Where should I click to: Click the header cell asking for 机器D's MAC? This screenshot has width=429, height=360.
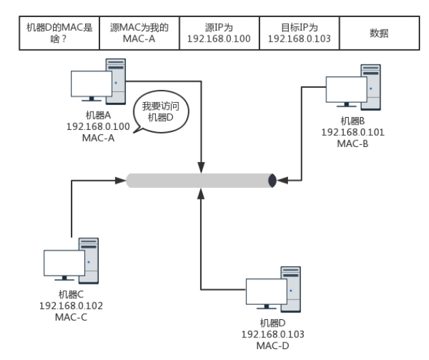59,33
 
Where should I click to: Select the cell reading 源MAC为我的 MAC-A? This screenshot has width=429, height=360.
140,33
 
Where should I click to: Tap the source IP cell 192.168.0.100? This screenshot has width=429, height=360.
219,33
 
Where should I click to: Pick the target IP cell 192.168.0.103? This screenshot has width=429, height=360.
300,33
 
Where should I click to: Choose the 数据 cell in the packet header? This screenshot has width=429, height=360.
379,33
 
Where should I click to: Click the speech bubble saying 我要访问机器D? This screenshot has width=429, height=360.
161,112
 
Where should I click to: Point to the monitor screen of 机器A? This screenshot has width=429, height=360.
91,84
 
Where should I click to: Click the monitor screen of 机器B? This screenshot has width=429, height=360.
347,89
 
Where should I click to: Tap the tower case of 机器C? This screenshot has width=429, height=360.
89,261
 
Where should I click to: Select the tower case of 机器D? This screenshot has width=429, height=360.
291,289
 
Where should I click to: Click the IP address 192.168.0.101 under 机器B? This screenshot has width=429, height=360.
353,132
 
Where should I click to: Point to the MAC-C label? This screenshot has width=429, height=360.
71,317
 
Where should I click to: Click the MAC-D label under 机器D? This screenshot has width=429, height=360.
273,346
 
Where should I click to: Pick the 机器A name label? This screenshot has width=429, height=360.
98,115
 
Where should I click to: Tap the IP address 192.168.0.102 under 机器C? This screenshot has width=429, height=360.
71,306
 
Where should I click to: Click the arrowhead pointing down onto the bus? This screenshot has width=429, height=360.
201,167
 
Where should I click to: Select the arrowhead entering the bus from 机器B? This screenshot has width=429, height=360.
282,180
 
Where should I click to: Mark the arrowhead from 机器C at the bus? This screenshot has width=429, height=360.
121,180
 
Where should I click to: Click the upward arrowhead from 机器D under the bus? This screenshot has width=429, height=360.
201,193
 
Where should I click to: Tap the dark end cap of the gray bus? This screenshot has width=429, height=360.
272,180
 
